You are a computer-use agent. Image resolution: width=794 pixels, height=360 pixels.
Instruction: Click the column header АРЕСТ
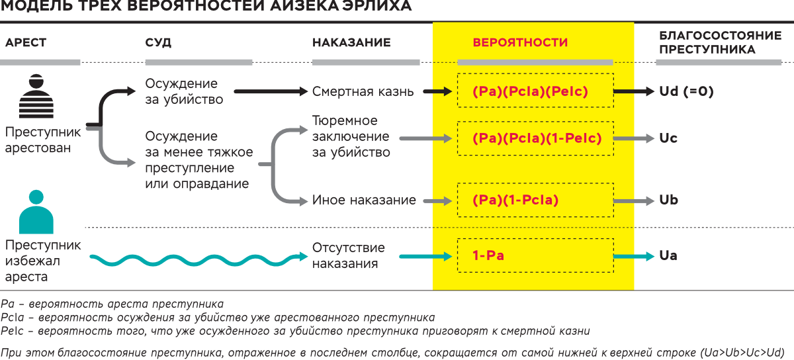26,43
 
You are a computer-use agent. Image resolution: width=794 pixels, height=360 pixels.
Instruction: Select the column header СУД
158,43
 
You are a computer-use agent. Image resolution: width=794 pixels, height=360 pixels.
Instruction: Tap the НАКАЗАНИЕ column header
351,43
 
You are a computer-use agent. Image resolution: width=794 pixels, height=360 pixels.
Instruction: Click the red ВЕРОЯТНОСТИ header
520,43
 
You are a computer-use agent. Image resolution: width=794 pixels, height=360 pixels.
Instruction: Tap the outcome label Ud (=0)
686,92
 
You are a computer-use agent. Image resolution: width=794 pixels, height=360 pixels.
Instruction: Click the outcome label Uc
668,139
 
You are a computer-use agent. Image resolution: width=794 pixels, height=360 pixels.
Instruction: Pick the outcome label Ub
668,200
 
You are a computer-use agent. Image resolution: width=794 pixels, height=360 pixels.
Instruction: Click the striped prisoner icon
36,97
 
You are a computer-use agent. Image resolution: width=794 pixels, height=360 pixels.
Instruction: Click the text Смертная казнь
363,92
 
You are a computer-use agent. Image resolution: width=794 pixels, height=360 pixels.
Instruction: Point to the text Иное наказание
364,200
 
